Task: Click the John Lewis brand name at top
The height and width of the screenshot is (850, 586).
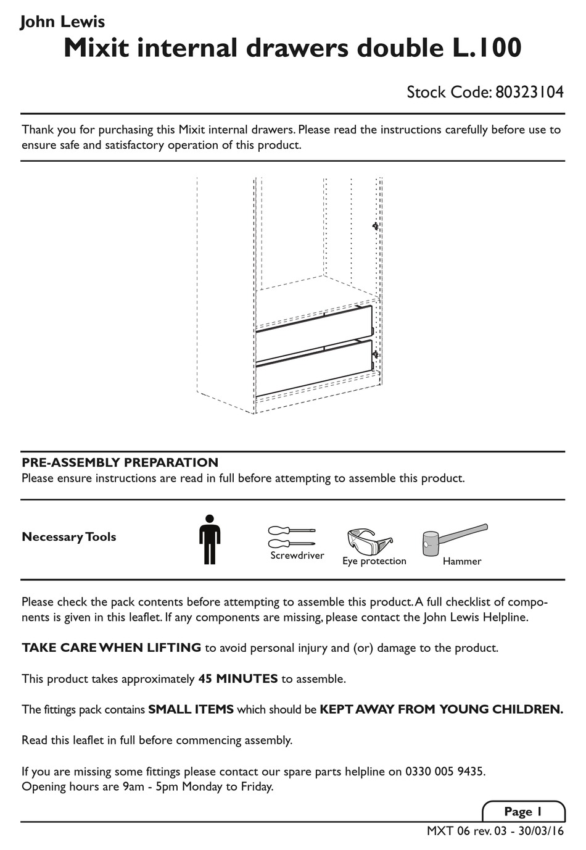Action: click(x=62, y=22)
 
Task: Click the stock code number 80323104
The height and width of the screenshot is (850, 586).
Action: click(x=529, y=93)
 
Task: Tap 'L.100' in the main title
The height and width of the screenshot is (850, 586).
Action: click(x=482, y=49)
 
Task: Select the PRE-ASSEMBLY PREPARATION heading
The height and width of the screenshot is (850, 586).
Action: click(x=120, y=462)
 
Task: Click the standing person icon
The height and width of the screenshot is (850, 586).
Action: click(x=210, y=540)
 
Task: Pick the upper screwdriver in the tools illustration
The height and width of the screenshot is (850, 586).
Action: click(x=291, y=530)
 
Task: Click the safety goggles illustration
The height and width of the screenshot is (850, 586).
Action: click(x=369, y=541)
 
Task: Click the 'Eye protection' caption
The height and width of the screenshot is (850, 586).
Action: click(x=374, y=561)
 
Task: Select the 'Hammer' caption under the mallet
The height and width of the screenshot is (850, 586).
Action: click(x=461, y=562)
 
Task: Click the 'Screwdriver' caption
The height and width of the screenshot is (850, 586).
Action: click(x=297, y=556)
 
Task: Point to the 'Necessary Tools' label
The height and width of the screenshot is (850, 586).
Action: click(x=69, y=537)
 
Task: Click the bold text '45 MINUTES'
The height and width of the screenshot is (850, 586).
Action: click(x=237, y=679)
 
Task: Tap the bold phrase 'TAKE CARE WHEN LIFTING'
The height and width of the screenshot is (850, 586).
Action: click(x=111, y=648)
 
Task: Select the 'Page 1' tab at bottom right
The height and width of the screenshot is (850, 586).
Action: click(x=522, y=812)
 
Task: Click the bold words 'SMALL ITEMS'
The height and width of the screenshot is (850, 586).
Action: click(x=191, y=710)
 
